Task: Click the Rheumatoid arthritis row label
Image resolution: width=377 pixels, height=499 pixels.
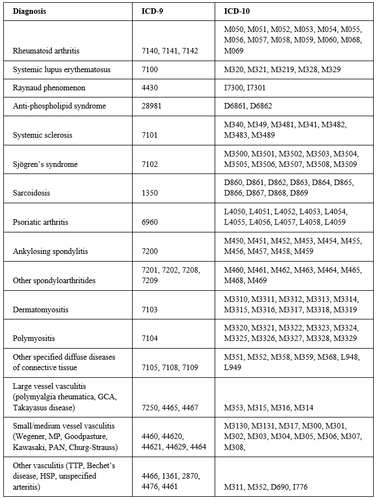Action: pos(46,51)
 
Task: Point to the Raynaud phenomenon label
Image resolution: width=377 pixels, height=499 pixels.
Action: pos(49,88)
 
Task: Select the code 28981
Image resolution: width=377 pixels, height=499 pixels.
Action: pos(152,106)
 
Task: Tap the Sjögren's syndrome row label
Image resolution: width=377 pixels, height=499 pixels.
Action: pos(45,164)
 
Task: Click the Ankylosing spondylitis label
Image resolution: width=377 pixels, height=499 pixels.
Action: pos(50,252)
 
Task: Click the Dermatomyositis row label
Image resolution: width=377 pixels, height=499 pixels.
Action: pos(41,310)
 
